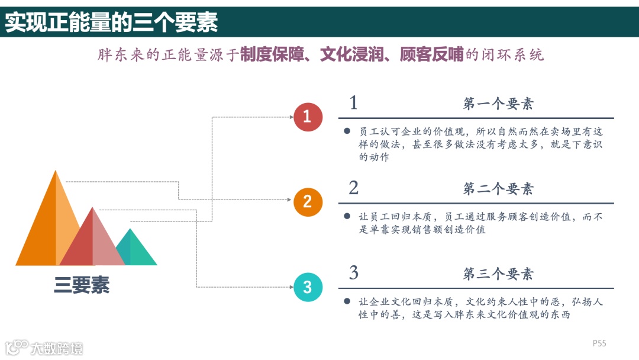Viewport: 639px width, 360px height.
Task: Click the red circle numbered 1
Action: (308, 117)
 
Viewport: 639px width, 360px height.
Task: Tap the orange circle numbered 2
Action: (308, 201)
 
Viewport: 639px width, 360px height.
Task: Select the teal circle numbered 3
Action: (308, 288)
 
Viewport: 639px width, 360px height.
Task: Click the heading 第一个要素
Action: (498, 104)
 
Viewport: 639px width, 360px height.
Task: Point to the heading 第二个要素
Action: (498, 189)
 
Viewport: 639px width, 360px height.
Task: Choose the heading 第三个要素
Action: (498, 274)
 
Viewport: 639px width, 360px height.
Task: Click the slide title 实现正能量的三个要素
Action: (112, 22)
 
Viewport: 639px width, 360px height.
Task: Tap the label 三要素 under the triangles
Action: (82, 285)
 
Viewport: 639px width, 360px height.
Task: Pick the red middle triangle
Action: (92, 243)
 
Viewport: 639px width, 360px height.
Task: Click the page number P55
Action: (599, 343)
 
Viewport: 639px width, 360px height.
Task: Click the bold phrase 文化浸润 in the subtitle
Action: (349, 55)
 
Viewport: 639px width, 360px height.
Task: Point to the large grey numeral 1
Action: (353, 103)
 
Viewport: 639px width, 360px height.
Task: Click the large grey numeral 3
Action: (353, 273)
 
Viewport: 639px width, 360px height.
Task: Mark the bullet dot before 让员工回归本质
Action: (347, 217)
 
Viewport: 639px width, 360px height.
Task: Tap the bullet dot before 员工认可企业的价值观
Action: (347, 131)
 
